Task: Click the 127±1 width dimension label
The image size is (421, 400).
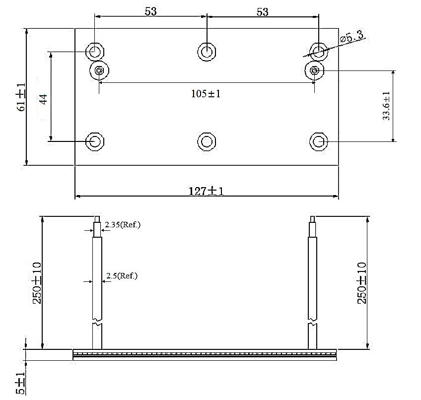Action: click(207, 191)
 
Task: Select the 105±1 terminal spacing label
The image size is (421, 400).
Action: click(206, 94)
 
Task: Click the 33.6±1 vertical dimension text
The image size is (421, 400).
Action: click(386, 106)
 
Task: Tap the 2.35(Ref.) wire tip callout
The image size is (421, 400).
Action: click(123, 225)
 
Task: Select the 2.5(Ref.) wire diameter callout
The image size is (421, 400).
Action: click(122, 275)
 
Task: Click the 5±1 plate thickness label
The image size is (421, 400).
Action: click(20, 383)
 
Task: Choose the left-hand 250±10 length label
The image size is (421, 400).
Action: click(37, 283)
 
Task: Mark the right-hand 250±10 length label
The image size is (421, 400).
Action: click(362, 283)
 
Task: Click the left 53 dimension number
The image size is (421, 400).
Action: click(151, 11)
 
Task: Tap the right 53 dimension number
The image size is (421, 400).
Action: click(263, 11)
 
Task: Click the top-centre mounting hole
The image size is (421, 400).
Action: click(206, 51)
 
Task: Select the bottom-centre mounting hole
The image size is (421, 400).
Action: click(206, 142)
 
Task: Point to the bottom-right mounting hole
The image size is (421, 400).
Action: click(318, 142)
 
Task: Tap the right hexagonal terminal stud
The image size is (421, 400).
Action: click(314, 70)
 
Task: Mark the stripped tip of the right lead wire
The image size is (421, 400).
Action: click(312, 219)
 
